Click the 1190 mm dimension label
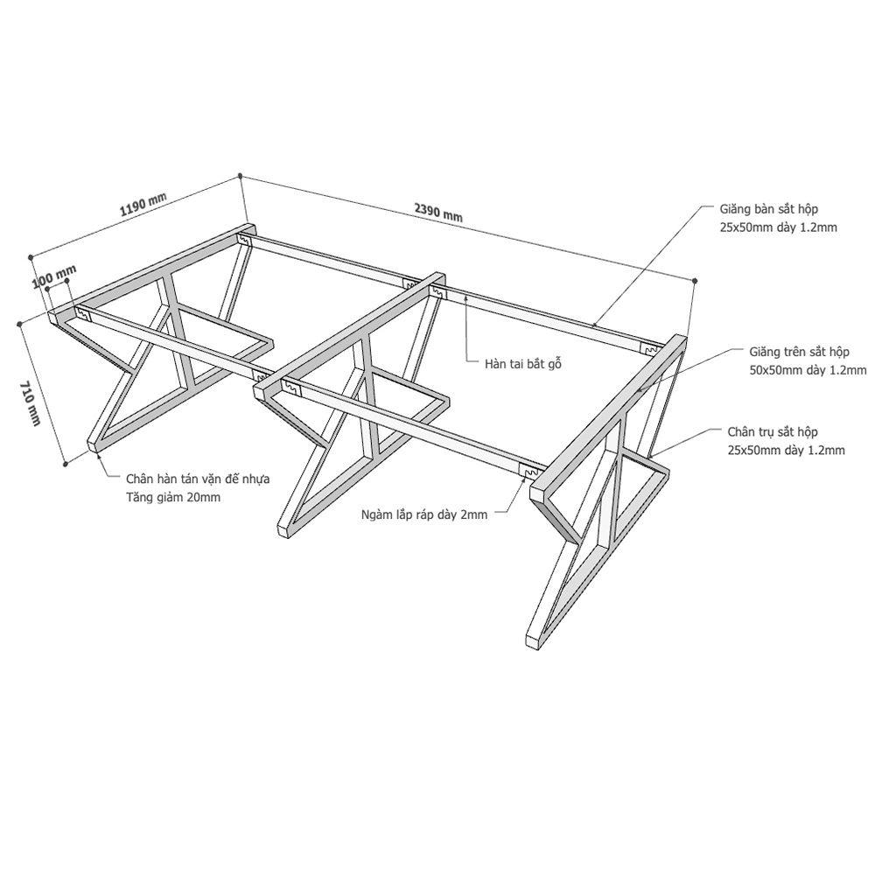pos(143,204)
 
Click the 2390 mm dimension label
pos(438,212)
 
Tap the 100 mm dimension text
pos(54,276)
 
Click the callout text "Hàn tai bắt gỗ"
pos(523,364)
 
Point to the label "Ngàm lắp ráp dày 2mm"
pos(424,514)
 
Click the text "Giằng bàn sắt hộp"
pos(769,209)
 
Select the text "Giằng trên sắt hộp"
pos(799,352)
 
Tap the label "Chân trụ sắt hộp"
pos(773,432)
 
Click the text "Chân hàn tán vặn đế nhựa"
pos(198,479)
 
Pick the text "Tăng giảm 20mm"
pos(173,497)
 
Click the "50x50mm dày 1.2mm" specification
pos(808,370)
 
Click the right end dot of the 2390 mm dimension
pos(695,280)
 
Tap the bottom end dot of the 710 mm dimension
pos(66,463)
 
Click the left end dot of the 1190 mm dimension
pos(31,256)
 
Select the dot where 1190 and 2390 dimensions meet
pos(240,176)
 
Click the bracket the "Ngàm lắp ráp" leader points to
pos(528,472)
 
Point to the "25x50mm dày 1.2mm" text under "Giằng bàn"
pos(778,227)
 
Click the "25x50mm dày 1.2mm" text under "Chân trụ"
pos(786,451)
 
